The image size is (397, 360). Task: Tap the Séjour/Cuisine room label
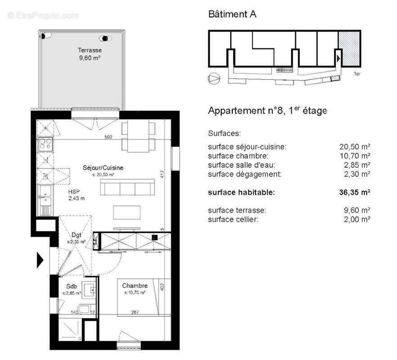coord(103,168)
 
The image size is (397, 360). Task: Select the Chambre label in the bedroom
coord(135,286)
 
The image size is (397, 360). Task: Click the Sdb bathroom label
coord(72,286)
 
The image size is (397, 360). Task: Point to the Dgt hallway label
coord(76,234)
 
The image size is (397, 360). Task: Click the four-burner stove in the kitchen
coord(45,144)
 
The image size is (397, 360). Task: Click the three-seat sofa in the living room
coord(127,187)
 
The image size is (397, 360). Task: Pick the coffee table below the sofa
coord(127,212)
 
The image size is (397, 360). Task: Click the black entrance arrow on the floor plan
coord(40,260)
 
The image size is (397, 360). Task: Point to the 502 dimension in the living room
coord(108,137)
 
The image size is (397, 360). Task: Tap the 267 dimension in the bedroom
coord(134,313)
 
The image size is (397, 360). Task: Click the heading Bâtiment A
coord(232,14)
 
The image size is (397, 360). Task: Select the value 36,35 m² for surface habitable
coord(354,192)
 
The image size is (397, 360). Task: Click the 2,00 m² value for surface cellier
coord(356,219)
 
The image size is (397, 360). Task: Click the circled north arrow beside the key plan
coord(213,78)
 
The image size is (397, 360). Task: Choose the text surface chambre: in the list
coord(238,156)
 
